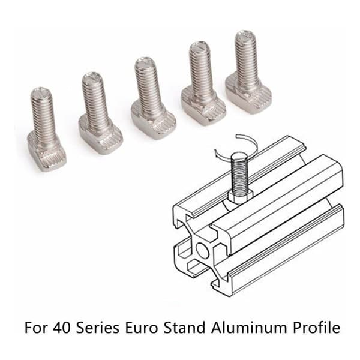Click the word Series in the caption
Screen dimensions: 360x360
pyautogui.click(x=98, y=328)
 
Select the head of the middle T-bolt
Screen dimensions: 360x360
pyautogui.click(x=154, y=121)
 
